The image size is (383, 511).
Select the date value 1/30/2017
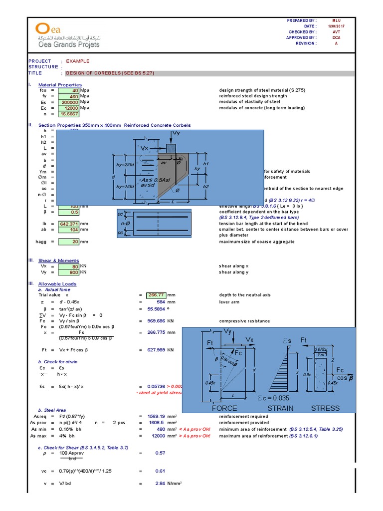tap(336, 26)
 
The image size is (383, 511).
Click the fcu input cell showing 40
tap(68, 91)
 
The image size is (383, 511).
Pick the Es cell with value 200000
tap(68, 102)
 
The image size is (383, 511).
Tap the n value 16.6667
tap(68, 114)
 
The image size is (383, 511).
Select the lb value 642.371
tap(68, 224)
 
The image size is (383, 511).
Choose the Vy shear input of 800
tap(68, 272)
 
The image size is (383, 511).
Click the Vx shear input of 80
tap(68, 266)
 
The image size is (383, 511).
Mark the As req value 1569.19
tap(160, 416)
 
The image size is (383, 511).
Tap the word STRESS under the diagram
tap(325, 408)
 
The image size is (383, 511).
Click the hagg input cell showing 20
tap(68, 242)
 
